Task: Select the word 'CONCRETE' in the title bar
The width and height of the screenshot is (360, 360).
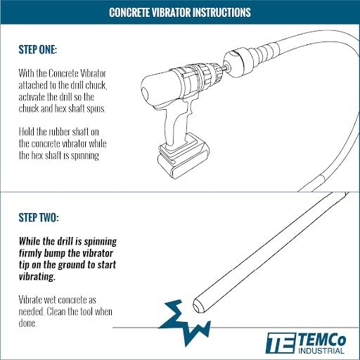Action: (131, 13)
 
